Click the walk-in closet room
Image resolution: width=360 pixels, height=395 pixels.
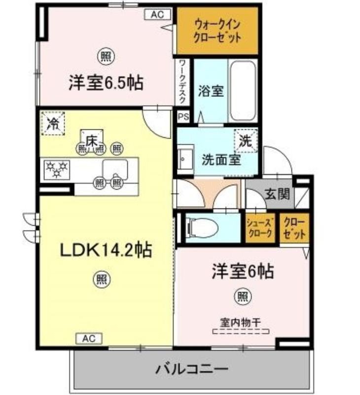(217, 31)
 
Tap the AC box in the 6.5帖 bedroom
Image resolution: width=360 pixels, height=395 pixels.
(157, 14)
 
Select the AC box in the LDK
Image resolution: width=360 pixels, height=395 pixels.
(89, 339)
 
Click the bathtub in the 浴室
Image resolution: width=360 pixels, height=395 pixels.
(243, 90)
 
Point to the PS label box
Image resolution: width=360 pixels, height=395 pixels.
(183, 117)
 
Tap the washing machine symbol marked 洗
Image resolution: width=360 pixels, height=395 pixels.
(246, 141)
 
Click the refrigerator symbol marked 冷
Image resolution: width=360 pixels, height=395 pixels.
(53, 123)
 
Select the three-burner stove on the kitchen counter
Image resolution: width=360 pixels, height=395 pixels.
(57, 170)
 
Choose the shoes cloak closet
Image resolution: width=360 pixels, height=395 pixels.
(260, 228)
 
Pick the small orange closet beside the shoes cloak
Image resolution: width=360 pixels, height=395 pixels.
(294, 228)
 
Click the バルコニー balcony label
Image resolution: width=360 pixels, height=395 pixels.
(192, 369)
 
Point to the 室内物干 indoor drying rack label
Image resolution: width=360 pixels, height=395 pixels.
(241, 322)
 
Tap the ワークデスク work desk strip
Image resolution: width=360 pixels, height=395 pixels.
(182, 82)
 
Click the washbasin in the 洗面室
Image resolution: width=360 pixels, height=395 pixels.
(185, 159)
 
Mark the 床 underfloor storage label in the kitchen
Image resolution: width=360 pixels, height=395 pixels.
(92, 141)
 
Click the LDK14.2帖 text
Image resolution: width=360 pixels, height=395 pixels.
(106, 250)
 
